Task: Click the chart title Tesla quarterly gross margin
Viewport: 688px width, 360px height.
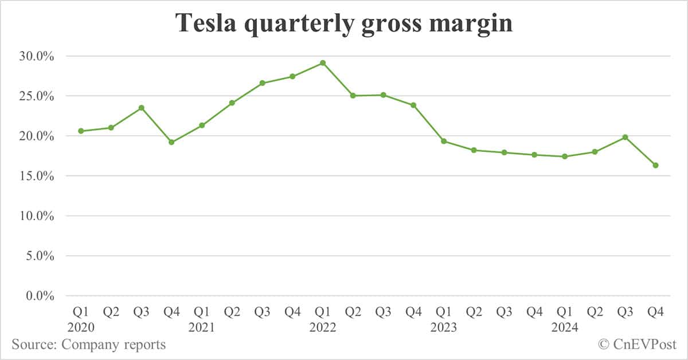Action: [344, 23]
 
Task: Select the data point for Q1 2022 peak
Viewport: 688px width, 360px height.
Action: [323, 63]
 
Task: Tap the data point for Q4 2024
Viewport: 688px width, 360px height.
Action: [655, 165]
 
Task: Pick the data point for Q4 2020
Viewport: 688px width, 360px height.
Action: [171, 142]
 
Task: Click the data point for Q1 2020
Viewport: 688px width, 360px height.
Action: [81, 131]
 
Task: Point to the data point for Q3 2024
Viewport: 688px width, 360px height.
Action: [625, 137]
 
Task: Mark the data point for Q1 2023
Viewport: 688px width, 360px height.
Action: [444, 141]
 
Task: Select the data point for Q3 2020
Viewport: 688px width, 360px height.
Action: [141, 108]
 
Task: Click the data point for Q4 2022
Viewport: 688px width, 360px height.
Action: [413, 105]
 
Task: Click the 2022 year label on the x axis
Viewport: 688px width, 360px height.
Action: [323, 328]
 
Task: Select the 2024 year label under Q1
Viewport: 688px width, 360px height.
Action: [565, 328]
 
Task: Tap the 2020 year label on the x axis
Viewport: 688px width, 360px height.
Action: [81, 328]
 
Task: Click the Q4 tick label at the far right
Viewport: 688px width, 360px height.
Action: [655, 312]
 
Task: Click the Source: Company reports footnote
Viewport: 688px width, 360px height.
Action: [89, 345]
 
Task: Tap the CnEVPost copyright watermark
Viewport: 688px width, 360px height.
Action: [636, 345]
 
